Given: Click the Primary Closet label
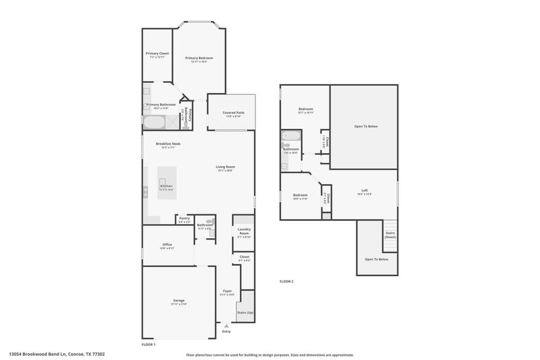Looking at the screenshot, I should pyautogui.click(x=157, y=54).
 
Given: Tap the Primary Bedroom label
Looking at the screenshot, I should pyautogui.click(x=199, y=59).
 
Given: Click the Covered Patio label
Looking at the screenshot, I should pyautogui.click(x=233, y=113).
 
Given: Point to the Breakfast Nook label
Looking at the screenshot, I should pyautogui.click(x=168, y=144).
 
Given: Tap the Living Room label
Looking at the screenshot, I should pyautogui.click(x=226, y=167).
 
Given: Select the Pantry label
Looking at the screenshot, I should pyautogui.click(x=184, y=219).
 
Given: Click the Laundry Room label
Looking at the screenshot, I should pyautogui.click(x=244, y=232).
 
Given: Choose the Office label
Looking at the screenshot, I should pyautogui.click(x=167, y=245).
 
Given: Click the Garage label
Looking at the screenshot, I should pyautogui.click(x=179, y=301).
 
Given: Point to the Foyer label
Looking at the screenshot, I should pyautogui.click(x=227, y=292).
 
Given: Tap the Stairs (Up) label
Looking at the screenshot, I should pyautogui.click(x=245, y=313).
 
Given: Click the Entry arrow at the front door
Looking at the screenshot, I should pyautogui.click(x=226, y=326).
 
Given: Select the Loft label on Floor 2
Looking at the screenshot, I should pyautogui.click(x=364, y=191).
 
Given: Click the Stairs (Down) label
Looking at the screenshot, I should pyautogui.click(x=390, y=235).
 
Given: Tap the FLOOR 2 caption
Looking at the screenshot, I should pyautogui.click(x=287, y=281).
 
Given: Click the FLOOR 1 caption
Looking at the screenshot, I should pyautogui.click(x=148, y=344).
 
